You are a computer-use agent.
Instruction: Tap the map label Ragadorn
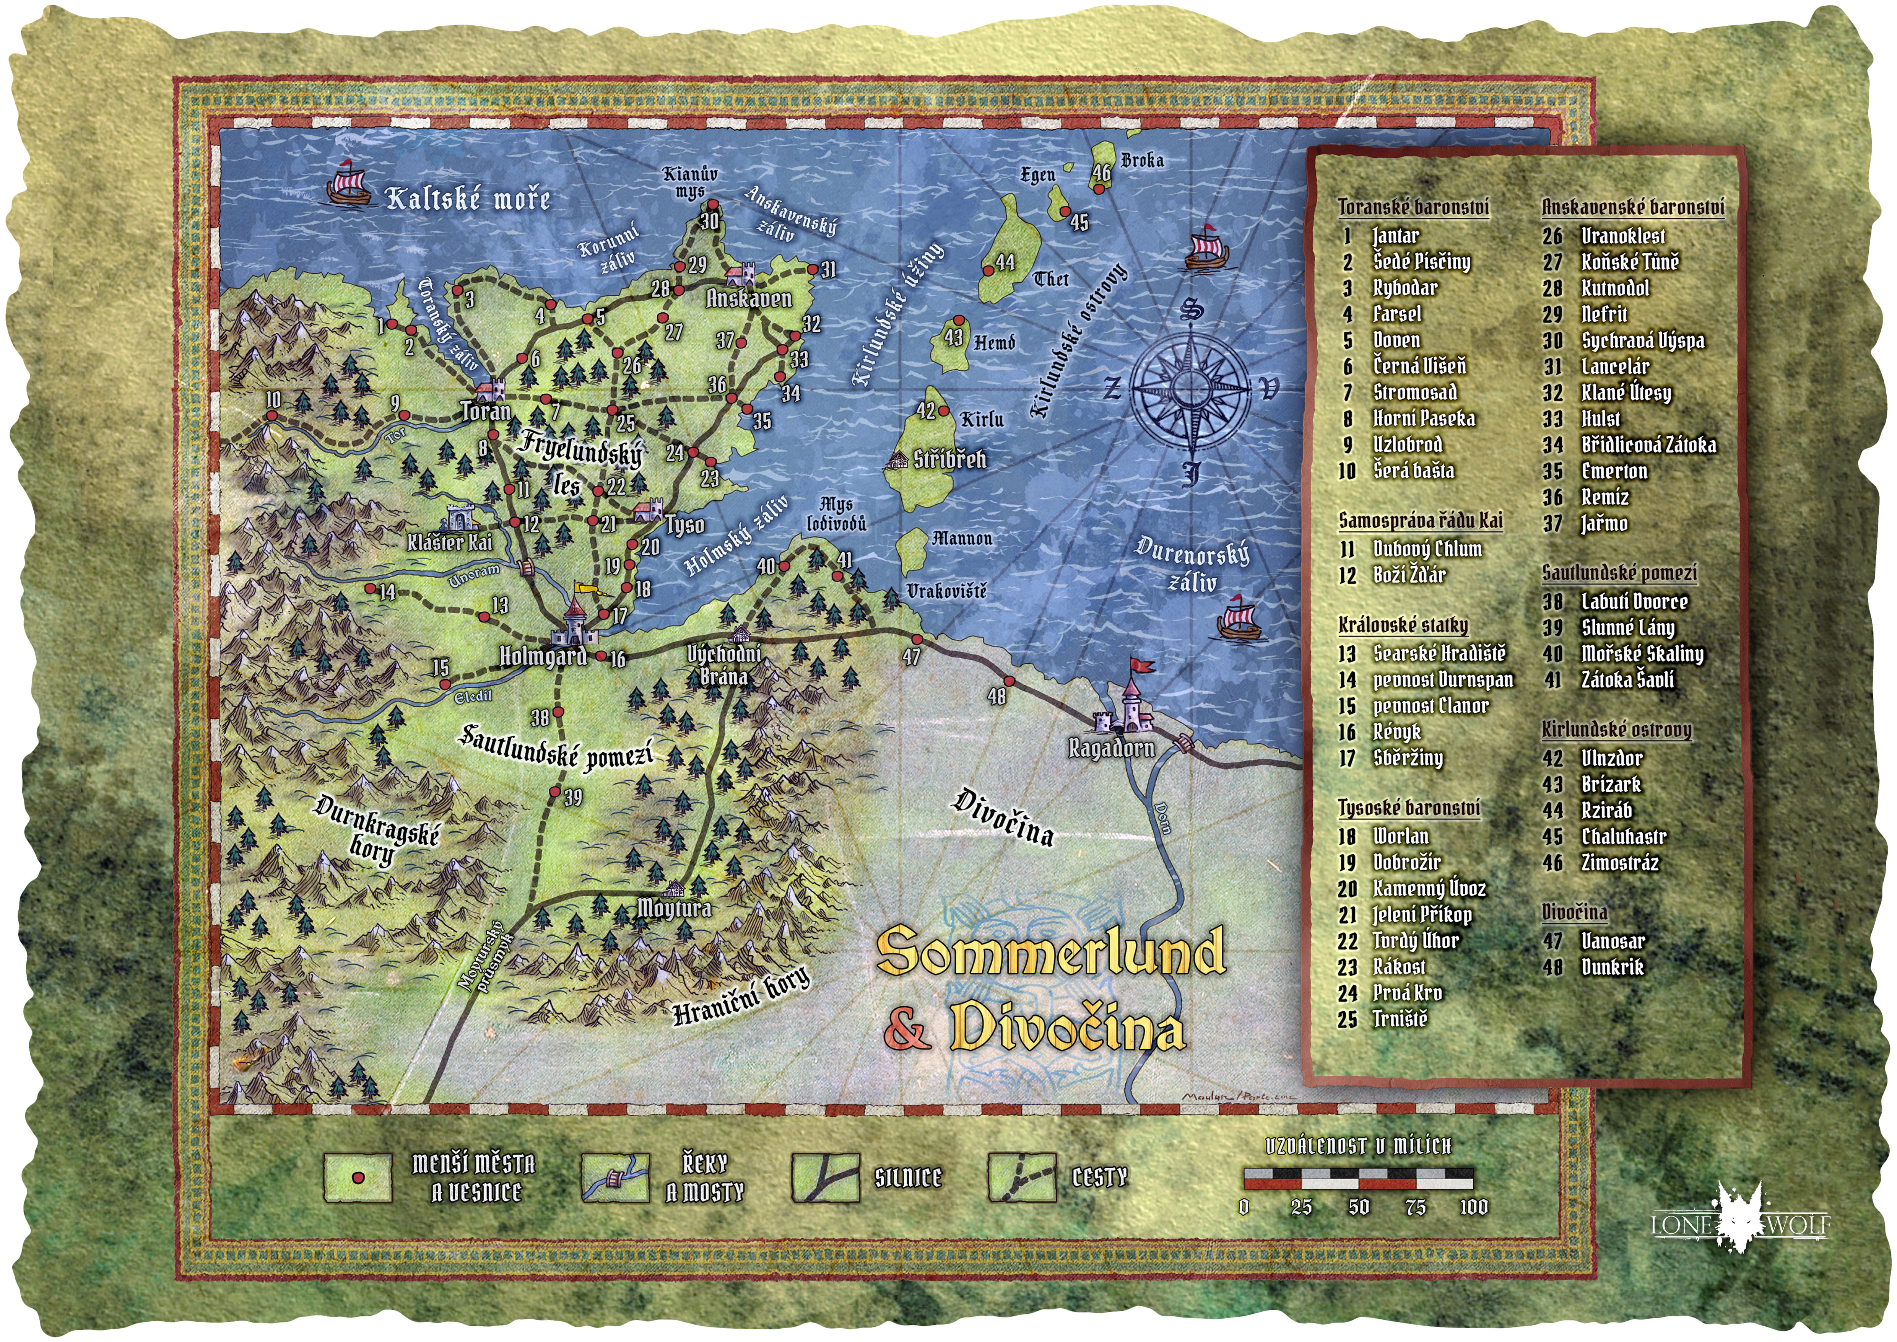(1111, 748)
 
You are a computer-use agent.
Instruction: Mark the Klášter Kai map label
(449, 542)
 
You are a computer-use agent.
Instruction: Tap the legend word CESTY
(1099, 1178)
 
